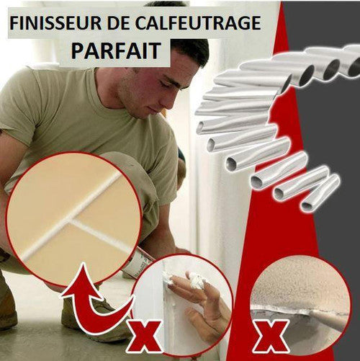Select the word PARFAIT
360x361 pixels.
click(116, 50)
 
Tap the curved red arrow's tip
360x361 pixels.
click(84, 264)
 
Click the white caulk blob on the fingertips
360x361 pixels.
click(197, 280)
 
